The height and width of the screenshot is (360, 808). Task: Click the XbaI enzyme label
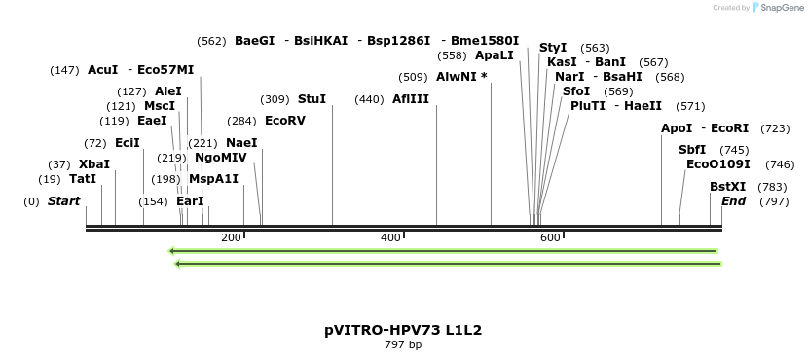coord(94,164)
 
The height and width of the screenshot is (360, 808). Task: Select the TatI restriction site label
coord(83,179)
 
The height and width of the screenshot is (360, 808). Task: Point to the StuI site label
coord(312,99)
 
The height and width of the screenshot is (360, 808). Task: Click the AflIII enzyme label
coord(410,99)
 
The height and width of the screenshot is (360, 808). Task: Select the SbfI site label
coord(692,150)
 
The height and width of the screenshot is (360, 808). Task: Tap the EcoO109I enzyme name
coord(717,164)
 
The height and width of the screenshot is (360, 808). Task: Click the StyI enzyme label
coord(553,48)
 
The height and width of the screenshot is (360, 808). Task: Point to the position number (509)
coord(413,77)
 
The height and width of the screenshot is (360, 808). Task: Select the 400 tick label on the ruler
coord(390,238)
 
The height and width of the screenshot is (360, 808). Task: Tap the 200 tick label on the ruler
coord(231,238)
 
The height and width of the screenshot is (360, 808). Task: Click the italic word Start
coord(63,201)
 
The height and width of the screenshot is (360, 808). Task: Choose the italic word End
coord(733,201)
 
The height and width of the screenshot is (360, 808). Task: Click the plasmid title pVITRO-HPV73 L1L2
coord(403,330)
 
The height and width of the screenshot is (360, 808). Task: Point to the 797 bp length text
coord(403,344)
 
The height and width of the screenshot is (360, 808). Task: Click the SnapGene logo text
coord(779,8)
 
